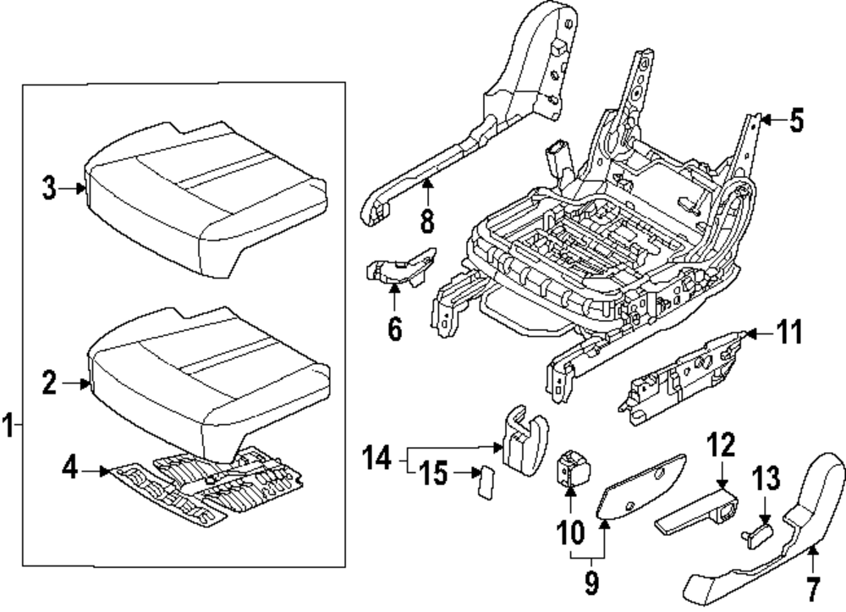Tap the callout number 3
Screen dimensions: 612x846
click(51, 188)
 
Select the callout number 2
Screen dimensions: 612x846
click(51, 383)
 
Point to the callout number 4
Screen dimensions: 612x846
click(71, 466)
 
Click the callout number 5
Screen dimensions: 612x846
click(795, 122)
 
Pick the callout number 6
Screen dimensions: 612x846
click(395, 328)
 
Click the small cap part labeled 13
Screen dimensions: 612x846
click(756, 533)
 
